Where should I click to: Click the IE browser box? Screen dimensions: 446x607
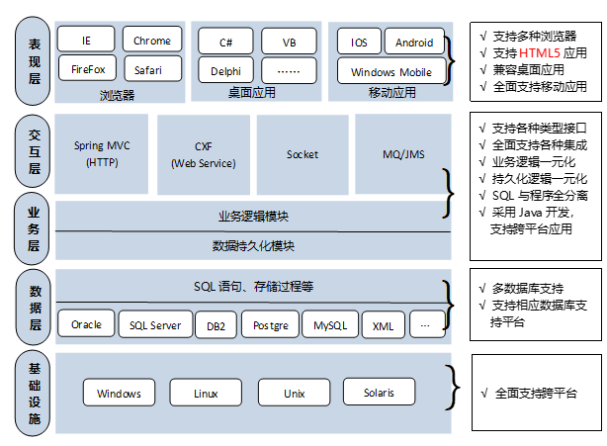click(86, 40)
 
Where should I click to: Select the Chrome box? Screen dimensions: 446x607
click(152, 40)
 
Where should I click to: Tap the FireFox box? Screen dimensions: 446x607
click(86, 69)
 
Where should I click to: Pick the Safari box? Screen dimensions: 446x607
click(152, 69)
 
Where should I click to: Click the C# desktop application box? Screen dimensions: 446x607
click(224, 42)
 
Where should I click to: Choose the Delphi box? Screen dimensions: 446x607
click(224, 70)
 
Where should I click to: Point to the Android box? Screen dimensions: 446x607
click(414, 42)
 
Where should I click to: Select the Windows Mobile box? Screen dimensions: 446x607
click(391, 71)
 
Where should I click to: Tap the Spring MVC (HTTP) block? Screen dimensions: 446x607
click(102, 153)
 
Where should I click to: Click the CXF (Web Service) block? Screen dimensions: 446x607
click(203, 153)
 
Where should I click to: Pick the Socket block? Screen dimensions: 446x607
click(303, 153)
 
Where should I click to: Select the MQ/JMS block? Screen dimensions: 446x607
click(402, 153)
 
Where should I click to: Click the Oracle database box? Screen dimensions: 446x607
click(87, 324)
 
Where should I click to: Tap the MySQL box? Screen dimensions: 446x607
click(330, 324)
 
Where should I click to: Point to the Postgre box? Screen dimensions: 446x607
click(270, 324)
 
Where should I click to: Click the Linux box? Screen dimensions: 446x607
click(206, 393)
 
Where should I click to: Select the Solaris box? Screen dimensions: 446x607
click(379, 392)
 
